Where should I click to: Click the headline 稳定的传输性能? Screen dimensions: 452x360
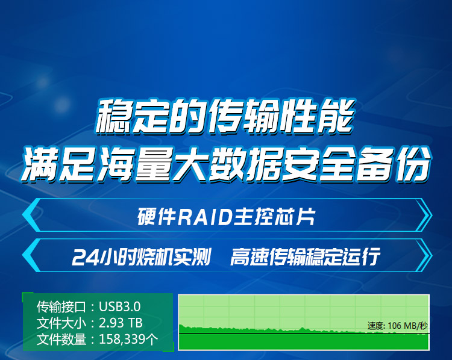point(225,117)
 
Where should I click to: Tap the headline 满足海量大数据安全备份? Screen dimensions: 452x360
point(226,164)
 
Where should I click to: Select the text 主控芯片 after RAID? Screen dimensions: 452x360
point(274,217)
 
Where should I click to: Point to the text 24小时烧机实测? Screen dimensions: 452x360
point(142,256)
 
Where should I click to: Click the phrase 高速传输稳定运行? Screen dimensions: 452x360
point(305,256)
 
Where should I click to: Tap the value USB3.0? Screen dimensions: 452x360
point(120,306)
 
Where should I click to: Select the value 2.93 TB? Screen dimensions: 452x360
point(121,323)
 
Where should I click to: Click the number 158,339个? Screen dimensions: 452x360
point(128,340)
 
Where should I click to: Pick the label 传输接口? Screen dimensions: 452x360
point(61,306)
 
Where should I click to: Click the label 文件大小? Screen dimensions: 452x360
point(61,323)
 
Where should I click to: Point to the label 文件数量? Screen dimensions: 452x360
point(61,340)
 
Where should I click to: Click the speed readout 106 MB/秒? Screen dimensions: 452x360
point(408,326)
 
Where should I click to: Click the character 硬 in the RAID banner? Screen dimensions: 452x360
point(147,217)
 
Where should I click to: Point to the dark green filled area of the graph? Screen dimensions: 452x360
point(304,341)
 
